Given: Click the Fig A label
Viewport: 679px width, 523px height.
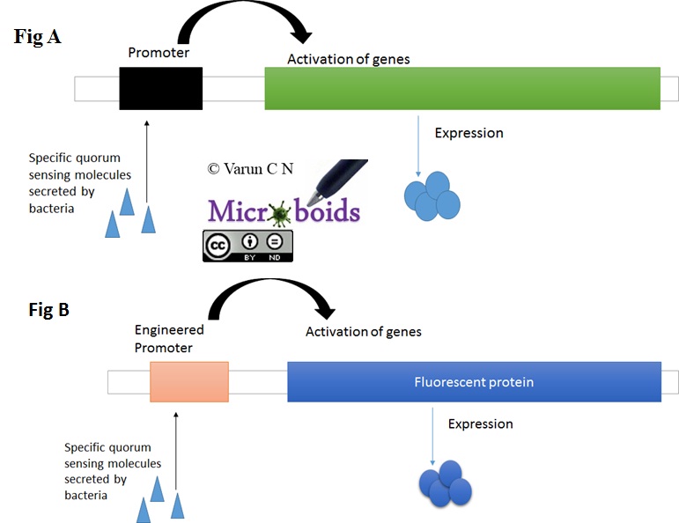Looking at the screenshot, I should (x=37, y=37).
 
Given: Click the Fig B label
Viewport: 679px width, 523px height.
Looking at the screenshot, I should (x=36, y=310).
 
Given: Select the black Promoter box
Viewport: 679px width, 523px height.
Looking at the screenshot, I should (x=161, y=88).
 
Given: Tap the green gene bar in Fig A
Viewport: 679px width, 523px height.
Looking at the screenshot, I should (x=462, y=88).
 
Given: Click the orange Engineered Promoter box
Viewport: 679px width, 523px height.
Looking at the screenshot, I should (x=189, y=382).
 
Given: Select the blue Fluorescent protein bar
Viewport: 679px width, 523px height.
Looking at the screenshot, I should (x=474, y=382).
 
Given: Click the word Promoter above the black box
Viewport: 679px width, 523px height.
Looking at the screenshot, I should (x=159, y=53).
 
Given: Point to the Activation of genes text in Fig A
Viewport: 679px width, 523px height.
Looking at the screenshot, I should (x=349, y=60).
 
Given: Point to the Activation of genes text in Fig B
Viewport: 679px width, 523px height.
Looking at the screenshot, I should (x=363, y=332).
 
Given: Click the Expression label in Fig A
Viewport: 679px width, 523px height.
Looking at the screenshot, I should (x=469, y=133).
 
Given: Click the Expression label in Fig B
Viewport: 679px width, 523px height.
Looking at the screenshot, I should (x=480, y=424).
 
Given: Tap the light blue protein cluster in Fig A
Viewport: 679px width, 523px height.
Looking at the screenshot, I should (x=432, y=195).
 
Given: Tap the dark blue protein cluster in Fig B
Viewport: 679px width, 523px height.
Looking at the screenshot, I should (x=445, y=482).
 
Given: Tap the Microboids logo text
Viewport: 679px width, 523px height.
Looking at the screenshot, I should (x=284, y=210).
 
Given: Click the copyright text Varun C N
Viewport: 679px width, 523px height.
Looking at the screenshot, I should (x=250, y=168).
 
